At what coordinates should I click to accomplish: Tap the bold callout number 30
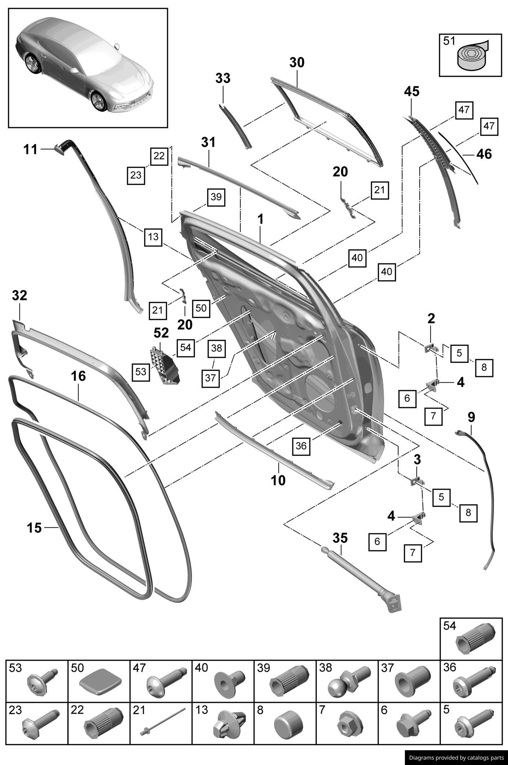pos(297,63)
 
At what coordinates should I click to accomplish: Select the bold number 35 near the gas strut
pos(340,538)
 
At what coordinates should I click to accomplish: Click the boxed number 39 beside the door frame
pos(216,197)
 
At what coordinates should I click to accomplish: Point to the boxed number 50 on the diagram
pos(201,308)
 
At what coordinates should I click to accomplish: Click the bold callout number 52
pos(161,333)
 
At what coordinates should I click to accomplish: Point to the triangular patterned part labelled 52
pos(165,365)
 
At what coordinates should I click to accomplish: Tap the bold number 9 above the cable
pos(471,417)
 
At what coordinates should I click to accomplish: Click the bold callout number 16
pos(78,377)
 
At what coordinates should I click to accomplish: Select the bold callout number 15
pos(34,528)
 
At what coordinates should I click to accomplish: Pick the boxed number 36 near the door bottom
pos(301,446)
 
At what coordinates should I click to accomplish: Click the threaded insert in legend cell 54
pos(475,640)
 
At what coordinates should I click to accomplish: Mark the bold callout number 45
pos(411,92)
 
